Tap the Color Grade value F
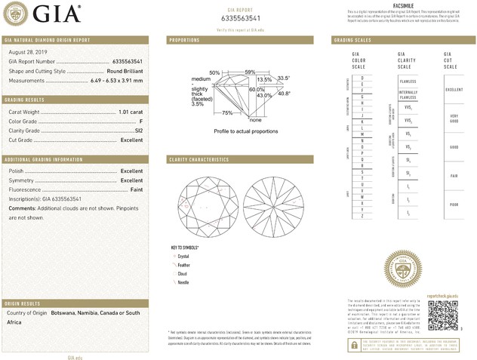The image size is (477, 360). [141, 121]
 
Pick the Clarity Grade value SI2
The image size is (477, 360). [138, 131]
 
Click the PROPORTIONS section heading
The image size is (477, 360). [184, 39]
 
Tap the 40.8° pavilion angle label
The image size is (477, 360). [285, 94]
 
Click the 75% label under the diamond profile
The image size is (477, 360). [227, 112]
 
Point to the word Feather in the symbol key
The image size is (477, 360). [185, 265]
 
